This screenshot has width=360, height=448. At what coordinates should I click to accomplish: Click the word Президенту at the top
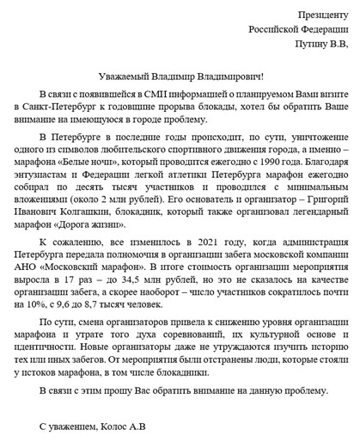pyautogui.click(x=324, y=15)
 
